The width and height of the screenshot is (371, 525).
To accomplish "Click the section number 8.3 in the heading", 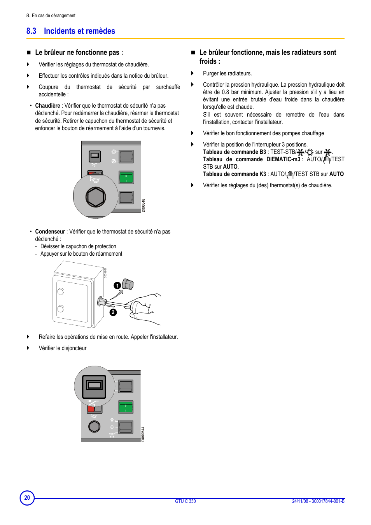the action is [x=31, y=31].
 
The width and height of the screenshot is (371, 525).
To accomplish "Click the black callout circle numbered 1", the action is [x=117, y=286].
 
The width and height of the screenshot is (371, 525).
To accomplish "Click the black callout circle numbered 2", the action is [x=113, y=312].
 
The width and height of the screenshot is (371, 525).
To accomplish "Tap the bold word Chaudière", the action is [x=47, y=106].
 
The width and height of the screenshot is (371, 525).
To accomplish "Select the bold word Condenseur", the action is [x=50, y=232].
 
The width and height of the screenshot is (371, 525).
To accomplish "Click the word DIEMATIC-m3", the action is [x=283, y=159].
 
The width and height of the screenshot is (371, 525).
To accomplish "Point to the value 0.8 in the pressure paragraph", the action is [x=225, y=92].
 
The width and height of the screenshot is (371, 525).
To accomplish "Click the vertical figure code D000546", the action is [x=143, y=206].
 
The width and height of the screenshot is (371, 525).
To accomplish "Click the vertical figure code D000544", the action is [x=143, y=434].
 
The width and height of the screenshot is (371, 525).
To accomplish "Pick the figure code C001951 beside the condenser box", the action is [x=105, y=273].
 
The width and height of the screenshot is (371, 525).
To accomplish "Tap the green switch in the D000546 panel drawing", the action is [x=126, y=178].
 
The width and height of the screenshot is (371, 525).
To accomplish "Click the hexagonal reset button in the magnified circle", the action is [x=96, y=197].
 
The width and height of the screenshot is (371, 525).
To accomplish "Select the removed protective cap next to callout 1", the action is [x=128, y=284].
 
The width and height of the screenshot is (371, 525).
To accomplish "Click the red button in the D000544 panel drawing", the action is [x=91, y=409].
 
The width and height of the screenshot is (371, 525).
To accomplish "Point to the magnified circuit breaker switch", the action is [x=94, y=387].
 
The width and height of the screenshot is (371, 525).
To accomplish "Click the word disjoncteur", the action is [x=74, y=348].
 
